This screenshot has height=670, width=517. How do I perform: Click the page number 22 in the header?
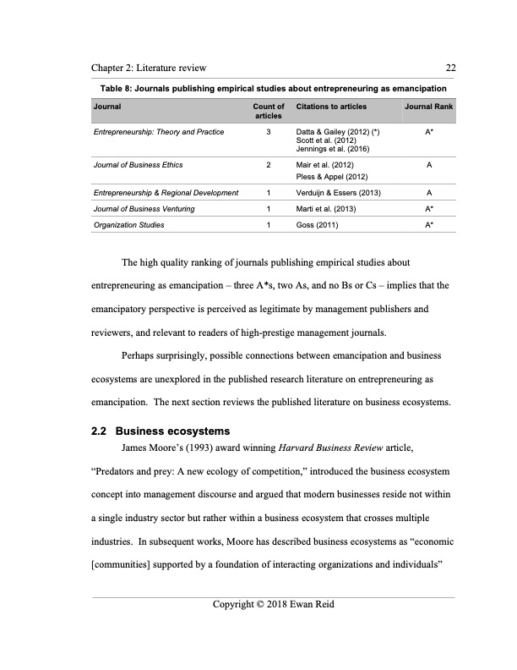pyautogui.click(x=450, y=68)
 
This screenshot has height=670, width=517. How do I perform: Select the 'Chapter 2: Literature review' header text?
pyautogui.click(x=150, y=68)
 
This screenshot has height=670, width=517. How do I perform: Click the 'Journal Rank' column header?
pyautogui.click(x=428, y=107)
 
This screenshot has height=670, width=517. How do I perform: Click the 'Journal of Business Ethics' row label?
pyautogui.click(x=138, y=164)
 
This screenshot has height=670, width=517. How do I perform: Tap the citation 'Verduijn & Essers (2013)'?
pyautogui.click(x=339, y=194)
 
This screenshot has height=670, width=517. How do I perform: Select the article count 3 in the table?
pyautogui.click(x=268, y=133)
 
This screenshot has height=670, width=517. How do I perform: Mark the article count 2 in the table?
pyautogui.click(x=268, y=164)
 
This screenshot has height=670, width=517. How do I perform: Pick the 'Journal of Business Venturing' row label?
pyautogui.click(x=144, y=209)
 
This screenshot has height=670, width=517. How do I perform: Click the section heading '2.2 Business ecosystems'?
pyautogui.click(x=161, y=432)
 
